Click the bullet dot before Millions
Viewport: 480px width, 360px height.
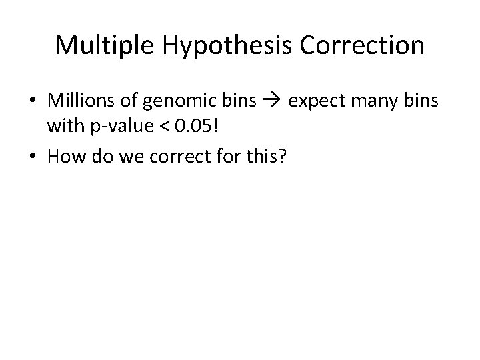coord(32,101)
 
